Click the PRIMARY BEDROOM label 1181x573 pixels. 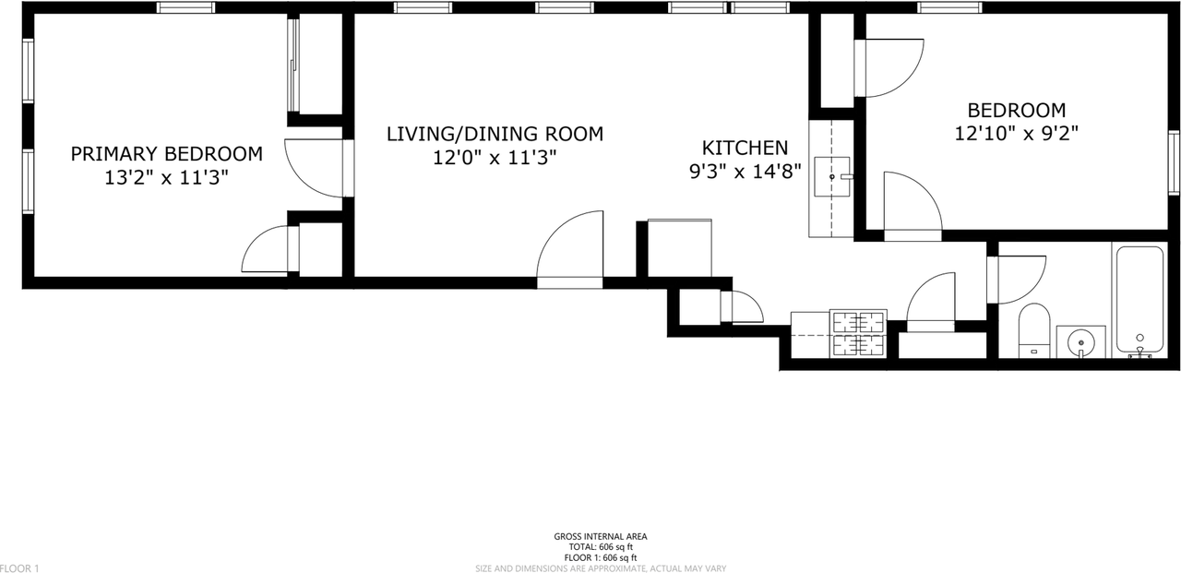166,153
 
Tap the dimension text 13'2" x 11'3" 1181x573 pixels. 166,177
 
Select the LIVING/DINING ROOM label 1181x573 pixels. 495,134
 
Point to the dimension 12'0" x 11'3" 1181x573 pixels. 495,158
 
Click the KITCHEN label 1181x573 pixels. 745,148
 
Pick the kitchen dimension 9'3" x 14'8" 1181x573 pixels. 745,171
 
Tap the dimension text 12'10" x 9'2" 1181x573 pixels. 1016,133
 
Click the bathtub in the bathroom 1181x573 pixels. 1139,301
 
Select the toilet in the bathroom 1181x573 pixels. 1034,330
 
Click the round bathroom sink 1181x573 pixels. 1080,342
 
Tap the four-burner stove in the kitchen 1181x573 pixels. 859,333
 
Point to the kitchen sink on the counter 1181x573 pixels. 832,175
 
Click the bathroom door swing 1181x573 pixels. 1018,280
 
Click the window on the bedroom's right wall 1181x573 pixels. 1174,162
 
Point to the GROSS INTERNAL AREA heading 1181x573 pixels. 600,536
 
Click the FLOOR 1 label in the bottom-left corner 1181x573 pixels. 20,568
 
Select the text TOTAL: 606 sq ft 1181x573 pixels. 600,547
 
